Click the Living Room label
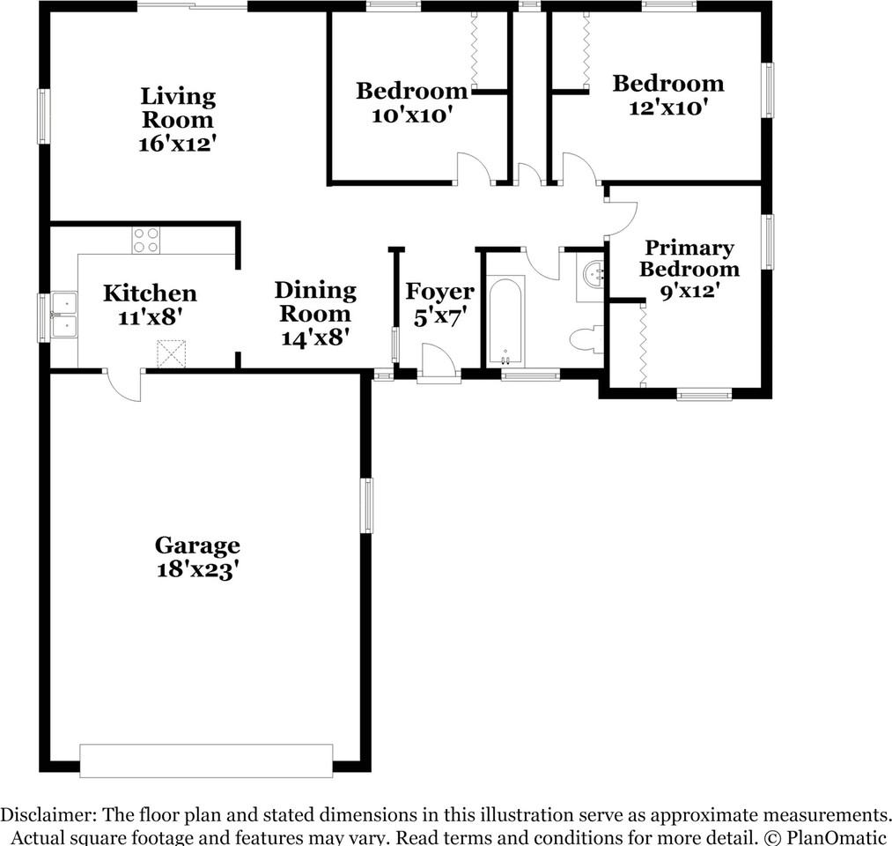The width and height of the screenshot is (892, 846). [178, 108]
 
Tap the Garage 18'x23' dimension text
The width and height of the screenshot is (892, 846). [197, 570]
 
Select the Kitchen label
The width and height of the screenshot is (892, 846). [150, 293]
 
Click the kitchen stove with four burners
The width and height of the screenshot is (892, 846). [146, 240]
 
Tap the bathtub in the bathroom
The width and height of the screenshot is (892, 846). [505, 322]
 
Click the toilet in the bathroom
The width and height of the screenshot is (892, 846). [586, 338]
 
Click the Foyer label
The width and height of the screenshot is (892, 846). [439, 292]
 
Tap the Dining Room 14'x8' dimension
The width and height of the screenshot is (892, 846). [315, 337]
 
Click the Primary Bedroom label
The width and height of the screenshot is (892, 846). [689, 259]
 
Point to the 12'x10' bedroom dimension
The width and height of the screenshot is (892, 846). [668, 108]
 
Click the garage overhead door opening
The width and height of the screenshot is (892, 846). [206, 761]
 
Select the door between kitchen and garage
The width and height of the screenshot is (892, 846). [123, 384]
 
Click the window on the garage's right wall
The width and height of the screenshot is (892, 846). [367, 505]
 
